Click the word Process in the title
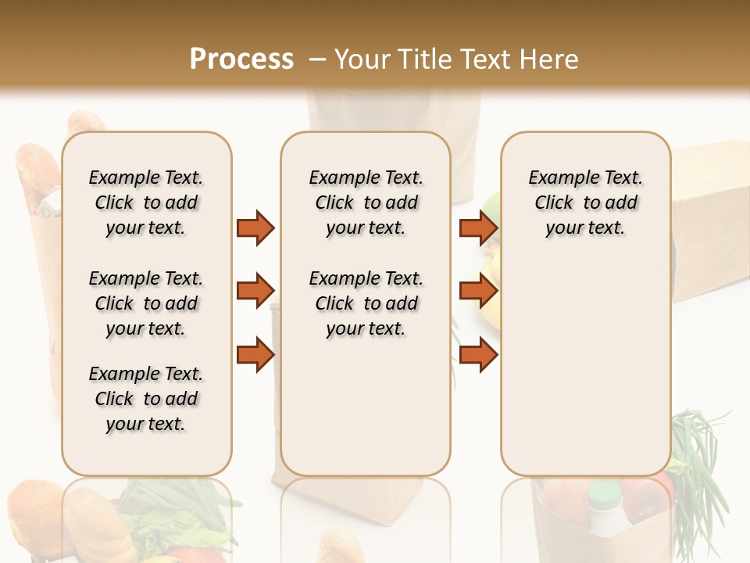(x=241, y=59)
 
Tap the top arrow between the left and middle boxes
(x=255, y=228)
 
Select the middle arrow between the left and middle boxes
(x=255, y=291)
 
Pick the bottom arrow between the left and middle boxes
(x=255, y=354)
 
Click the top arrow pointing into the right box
(x=478, y=228)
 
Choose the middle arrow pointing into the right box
(x=478, y=291)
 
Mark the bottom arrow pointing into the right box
(x=478, y=354)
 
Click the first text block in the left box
(x=146, y=203)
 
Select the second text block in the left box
(x=146, y=303)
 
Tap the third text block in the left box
(x=146, y=399)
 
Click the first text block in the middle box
(x=366, y=203)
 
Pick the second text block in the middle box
(x=366, y=303)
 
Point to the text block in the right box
(x=585, y=203)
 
